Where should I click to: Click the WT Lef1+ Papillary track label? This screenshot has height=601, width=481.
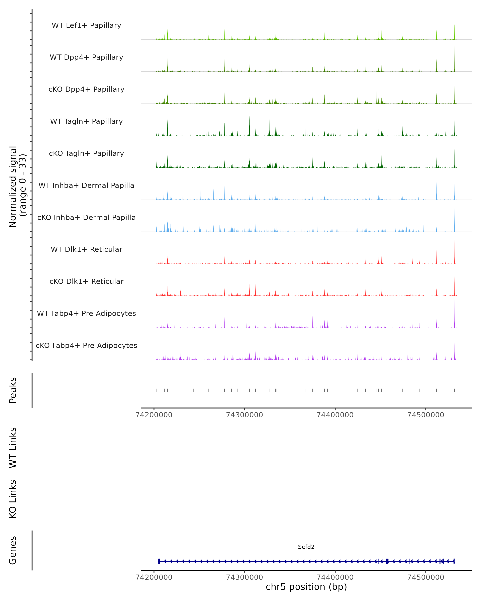[x=86, y=25]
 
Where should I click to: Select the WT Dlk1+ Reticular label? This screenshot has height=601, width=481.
[x=86, y=249]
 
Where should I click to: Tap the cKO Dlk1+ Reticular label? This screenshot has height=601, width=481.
[x=86, y=281]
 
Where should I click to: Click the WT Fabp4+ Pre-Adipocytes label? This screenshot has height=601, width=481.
[x=86, y=313]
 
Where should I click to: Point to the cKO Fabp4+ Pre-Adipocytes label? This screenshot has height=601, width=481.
[x=86, y=345]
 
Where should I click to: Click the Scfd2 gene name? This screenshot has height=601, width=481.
[x=306, y=547]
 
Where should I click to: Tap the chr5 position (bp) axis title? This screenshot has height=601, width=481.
[x=306, y=587]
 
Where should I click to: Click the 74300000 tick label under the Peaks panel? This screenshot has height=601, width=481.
[x=244, y=415]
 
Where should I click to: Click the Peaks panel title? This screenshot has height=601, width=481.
[x=13, y=390]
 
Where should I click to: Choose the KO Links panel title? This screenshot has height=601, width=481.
[x=13, y=499]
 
